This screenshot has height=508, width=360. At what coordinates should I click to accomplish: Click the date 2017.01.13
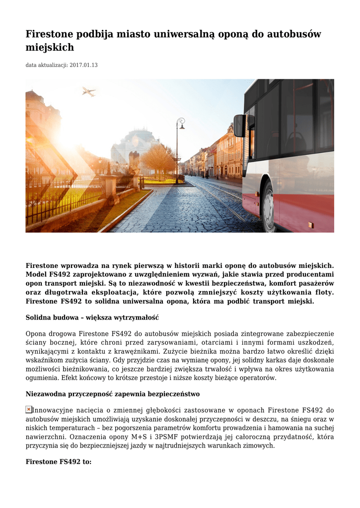[84, 65]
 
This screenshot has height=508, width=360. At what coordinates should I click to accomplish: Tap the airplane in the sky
[89, 92]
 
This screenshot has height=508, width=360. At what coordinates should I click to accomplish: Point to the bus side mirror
[239, 125]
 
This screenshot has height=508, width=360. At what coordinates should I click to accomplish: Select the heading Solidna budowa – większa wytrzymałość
[92, 317]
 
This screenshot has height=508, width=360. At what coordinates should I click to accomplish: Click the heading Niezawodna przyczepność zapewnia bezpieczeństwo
[113, 394]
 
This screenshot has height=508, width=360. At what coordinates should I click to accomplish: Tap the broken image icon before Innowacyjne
[29, 409]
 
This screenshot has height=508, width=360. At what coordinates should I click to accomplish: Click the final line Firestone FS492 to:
[59, 461]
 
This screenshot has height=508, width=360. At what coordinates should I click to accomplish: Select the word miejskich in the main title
[50, 48]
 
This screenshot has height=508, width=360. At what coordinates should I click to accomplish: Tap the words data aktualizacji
[47, 65]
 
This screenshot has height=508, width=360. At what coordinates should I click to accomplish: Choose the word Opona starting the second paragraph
[36, 333]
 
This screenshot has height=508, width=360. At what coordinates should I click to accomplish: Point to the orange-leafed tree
[158, 159]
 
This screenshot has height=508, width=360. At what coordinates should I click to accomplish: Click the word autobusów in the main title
[294, 34]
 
